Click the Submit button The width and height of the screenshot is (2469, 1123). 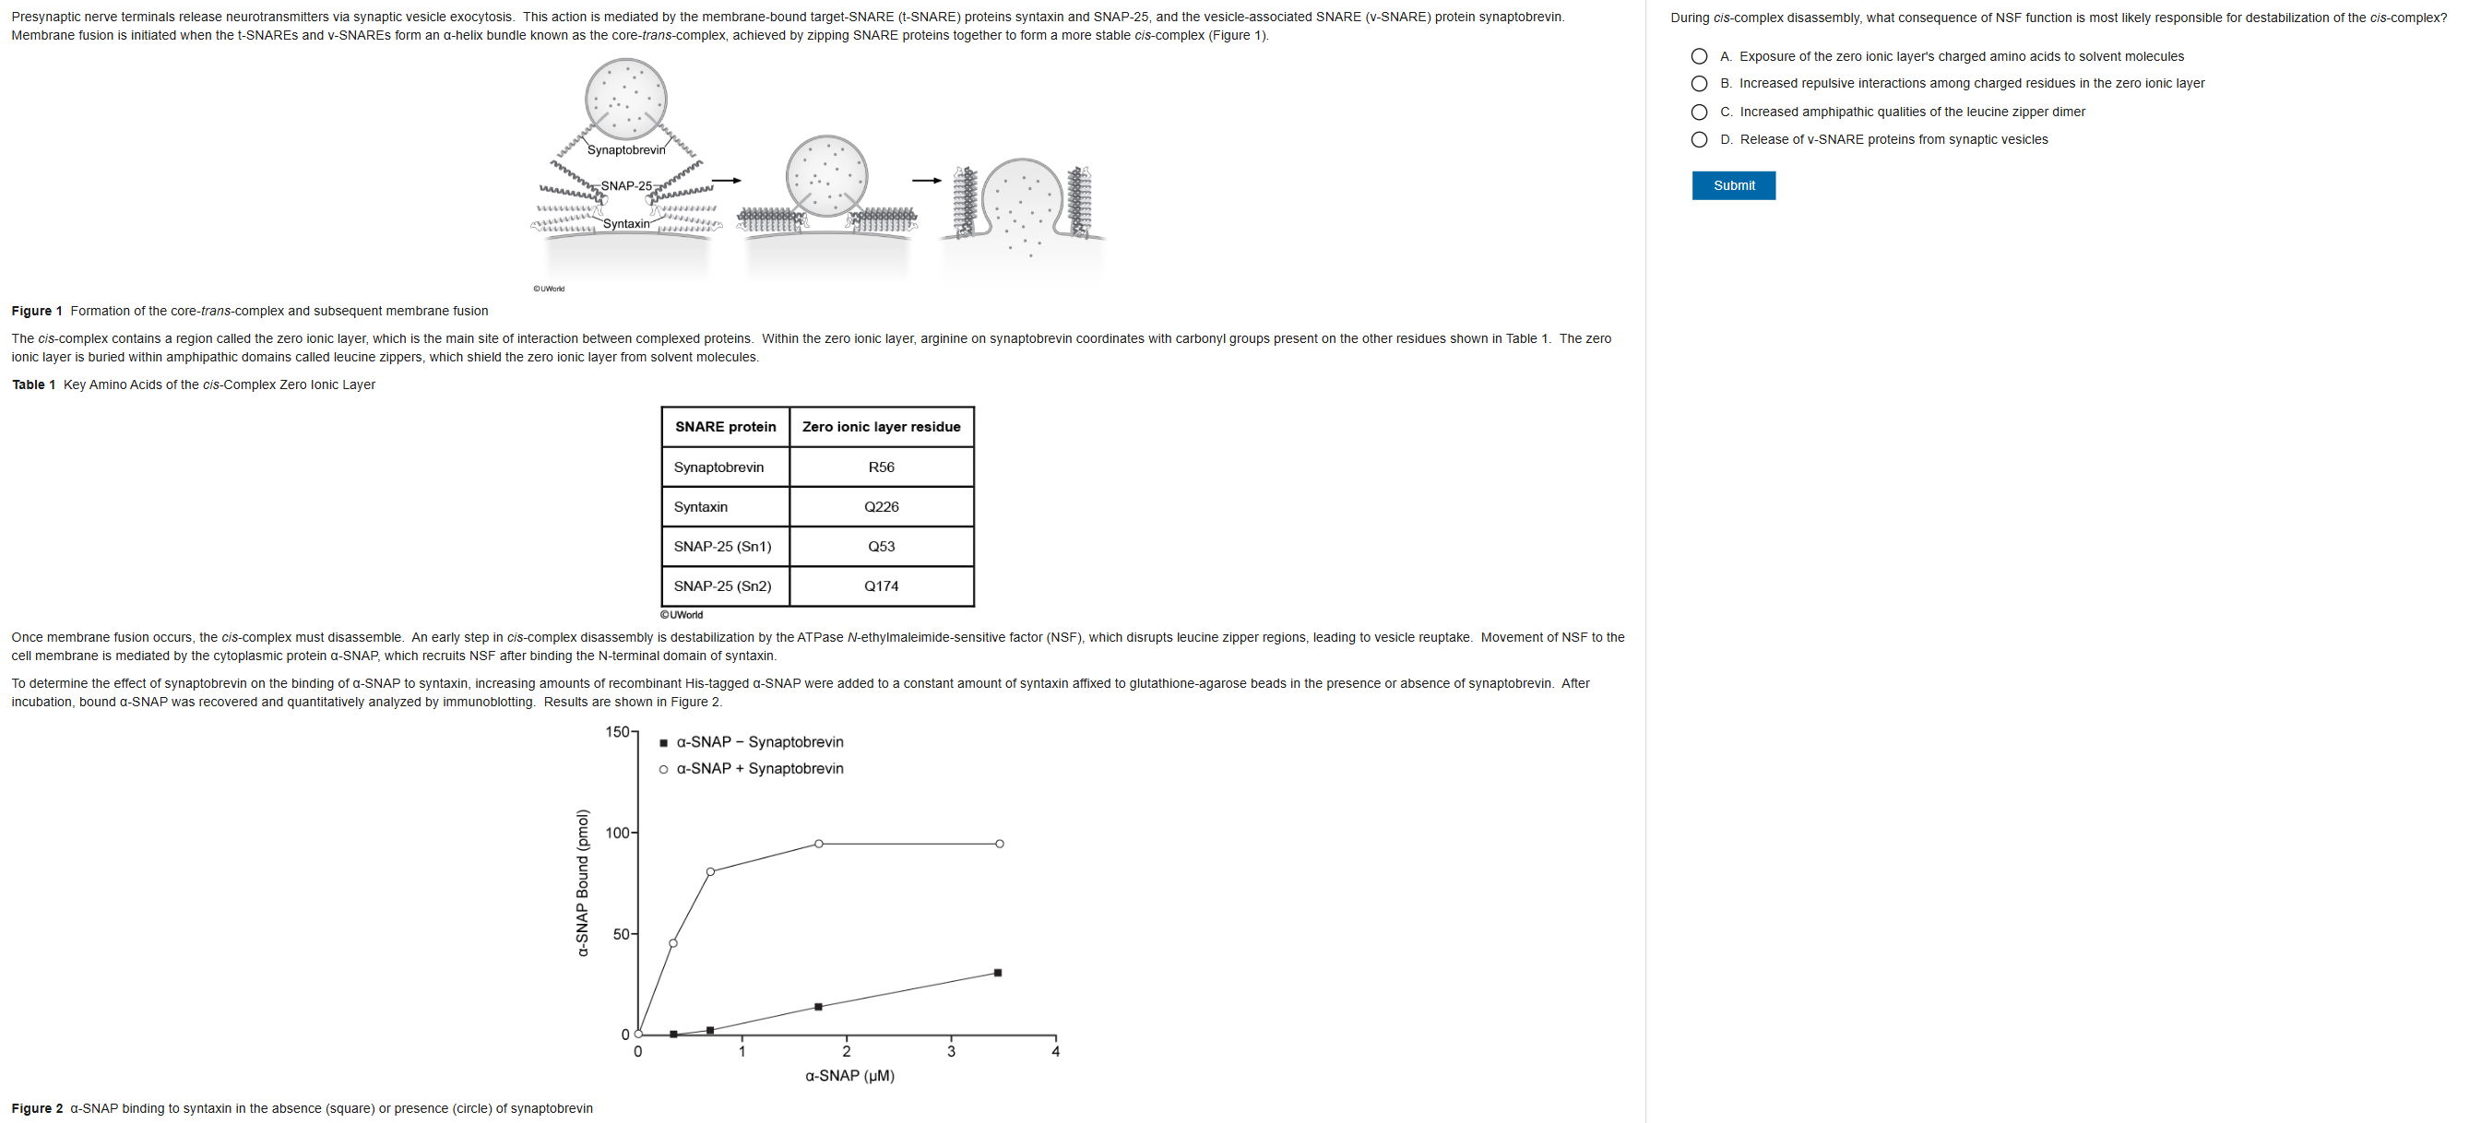pyautogui.click(x=1733, y=185)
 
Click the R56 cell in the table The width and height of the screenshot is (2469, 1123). pyautogui.click(x=881, y=467)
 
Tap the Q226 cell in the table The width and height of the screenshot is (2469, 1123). pyautogui.click(x=881, y=507)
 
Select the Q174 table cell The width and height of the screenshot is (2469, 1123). pyautogui.click(x=881, y=586)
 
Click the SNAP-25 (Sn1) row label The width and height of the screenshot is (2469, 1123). pyautogui.click(x=723, y=546)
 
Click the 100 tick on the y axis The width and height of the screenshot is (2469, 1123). pyautogui.click(x=618, y=833)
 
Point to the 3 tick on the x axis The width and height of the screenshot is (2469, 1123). pyautogui.click(x=951, y=1051)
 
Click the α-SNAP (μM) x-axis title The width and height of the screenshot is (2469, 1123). pyautogui.click(x=850, y=1076)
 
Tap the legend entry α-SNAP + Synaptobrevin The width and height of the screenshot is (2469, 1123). pyautogui.click(x=759, y=768)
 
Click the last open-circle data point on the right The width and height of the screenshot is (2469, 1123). pyautogui.click(x=1000, y=845)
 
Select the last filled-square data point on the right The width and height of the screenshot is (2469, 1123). pyautogui.click(x=998, y=973)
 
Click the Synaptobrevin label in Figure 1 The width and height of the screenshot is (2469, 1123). pyautogui.click(x=626, y=150)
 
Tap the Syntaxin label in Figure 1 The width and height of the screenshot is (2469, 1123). pyautogui.click(x=626, y=224)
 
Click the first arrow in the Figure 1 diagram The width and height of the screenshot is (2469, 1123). pyautogui.click(x=727, y=180)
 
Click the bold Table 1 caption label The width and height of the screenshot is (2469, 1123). pyautogui.click(x=33, y=385)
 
